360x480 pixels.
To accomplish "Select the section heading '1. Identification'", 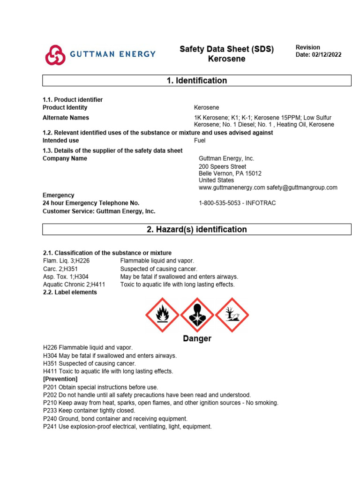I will (197, 81).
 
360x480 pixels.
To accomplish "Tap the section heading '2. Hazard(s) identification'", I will (197, 229).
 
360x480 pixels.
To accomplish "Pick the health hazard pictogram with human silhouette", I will (197, 315).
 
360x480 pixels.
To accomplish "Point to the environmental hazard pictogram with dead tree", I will (232, 315).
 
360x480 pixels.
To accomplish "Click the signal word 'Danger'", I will (197, 338).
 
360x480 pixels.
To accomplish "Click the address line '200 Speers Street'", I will (222, 166).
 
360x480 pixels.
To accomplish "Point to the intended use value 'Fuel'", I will (200, 140).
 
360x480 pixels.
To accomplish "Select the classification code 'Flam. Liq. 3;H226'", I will (66, 261).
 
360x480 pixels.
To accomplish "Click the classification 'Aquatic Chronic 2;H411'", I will (74, 284).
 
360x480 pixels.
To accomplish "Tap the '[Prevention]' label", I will (60, 379).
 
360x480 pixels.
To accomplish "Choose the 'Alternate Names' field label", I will (66, 118).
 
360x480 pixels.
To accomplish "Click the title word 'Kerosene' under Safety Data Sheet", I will (226, 59).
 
